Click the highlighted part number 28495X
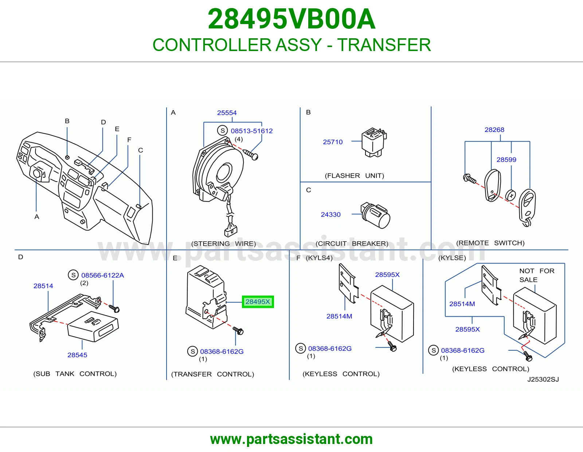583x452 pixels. click(x=258, y=302)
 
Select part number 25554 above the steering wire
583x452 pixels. click(x=227, y=113)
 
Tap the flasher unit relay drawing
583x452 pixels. click(x=374, y=142)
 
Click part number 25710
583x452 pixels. click(x=333, y=142)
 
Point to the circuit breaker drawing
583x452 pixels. click(x=375, y=215)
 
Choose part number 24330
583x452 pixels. click(x=330, y=214)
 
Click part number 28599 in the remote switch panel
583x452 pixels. click(x=506, y=160)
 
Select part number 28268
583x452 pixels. click(x=494, y=130)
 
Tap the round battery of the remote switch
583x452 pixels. click(x=510, y=195)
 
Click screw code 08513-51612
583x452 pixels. click(x=252, y=131)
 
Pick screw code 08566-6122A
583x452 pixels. click(x=102, y=275)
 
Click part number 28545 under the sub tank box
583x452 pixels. click(x=77, y=355)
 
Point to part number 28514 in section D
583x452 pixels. click(x=43, y=286)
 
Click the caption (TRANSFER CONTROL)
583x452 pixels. click(x=212, y=374)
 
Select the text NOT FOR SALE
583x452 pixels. click(x=537, y=275)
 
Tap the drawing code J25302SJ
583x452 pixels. click(x=543, y=379)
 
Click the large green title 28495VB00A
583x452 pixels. click(x=291, y=19)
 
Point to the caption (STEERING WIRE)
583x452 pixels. click(x=223, y=244)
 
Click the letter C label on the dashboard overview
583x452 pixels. click(x=141, y=150)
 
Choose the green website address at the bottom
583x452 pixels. click(x=291, y=439)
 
